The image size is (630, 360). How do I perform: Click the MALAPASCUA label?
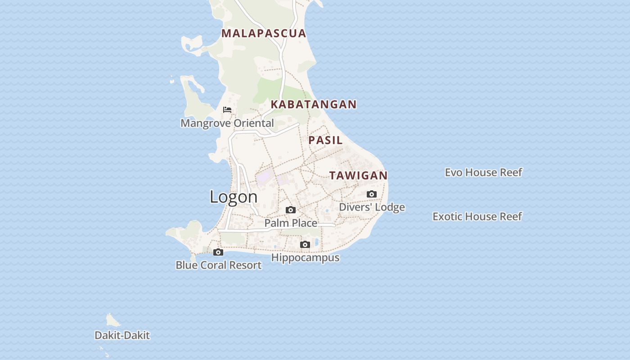(264, 33)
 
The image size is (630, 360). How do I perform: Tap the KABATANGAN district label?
(314, 104)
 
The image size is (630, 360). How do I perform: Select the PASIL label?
(325, 140)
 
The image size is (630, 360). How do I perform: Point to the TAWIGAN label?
(358, 175)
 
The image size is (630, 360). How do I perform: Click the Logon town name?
(234, 197)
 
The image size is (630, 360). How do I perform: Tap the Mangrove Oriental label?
(227, 123)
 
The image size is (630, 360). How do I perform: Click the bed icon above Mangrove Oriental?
(227, 110)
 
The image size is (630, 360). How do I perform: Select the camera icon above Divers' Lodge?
(372, 194)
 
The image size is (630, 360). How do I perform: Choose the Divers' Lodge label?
(372, 207)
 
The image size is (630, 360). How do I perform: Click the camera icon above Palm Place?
(291, 210)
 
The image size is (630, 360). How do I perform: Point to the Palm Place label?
(291, 223)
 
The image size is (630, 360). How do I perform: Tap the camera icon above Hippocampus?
(305, 245)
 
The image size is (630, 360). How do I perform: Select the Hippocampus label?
(305, 257)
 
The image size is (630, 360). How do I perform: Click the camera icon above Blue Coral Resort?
(218, 252)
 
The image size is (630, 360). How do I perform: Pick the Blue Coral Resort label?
(218, 265)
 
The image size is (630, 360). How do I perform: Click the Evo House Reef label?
(483, 172)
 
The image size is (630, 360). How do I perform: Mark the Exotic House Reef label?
(477, 216)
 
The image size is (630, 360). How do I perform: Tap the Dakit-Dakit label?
(122, 335)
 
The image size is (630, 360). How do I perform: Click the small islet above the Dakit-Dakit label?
(112, 320)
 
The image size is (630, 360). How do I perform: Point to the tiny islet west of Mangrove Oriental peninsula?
(172, 82)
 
